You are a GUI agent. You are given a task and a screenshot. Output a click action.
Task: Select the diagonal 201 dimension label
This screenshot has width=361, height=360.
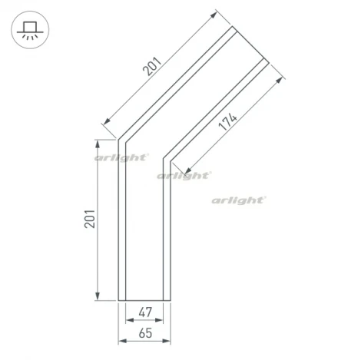point(154,70)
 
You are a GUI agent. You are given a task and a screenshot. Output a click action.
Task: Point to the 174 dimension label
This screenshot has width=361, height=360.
point(228,122)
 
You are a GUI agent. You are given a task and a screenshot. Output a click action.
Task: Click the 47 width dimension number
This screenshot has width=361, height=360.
point(143,314)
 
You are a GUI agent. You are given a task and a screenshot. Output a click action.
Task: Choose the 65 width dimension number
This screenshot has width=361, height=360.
point(143,335)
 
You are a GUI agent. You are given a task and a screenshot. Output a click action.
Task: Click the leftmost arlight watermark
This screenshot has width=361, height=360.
point(121,157)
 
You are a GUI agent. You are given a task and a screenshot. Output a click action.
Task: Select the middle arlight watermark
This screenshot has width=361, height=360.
point(184,176)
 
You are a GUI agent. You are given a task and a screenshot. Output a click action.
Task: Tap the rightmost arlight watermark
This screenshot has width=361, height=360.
point(239,200)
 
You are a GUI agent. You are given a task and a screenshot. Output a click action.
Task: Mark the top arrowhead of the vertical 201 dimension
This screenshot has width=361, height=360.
point(98,143)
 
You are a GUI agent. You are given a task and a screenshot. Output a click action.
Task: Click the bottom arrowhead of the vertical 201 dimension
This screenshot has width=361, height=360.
point(98,298)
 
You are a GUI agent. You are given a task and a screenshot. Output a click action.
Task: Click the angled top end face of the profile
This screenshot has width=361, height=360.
point(251,45)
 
